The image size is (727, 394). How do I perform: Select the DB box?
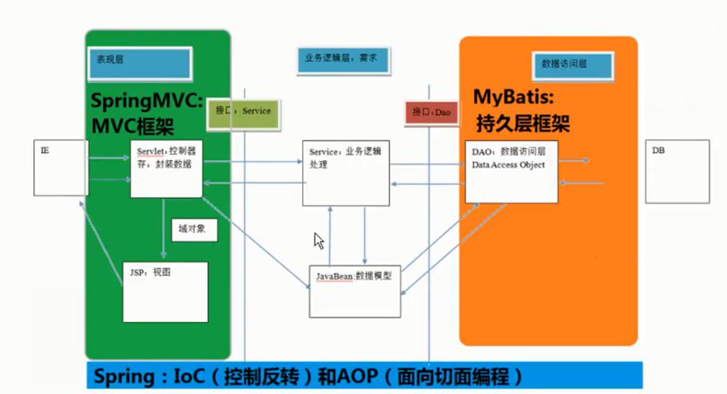point(677,170)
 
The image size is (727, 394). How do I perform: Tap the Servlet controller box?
point(166,168)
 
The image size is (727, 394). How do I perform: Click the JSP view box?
point(165,292)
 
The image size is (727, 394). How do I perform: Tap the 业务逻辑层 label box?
point(346,58)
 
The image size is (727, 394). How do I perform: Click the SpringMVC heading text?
point(148,100)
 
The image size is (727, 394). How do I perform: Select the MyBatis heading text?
point(518,97)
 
